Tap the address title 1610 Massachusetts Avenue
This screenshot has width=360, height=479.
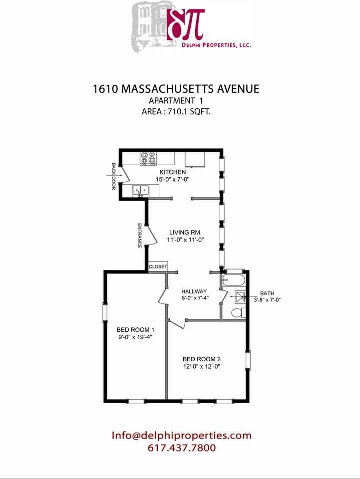(176, 89)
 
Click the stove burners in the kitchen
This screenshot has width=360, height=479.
(148, 159)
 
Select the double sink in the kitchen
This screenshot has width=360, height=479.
(141, 190)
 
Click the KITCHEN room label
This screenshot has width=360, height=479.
(172, 172)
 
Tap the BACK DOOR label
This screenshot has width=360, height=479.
(114, 177)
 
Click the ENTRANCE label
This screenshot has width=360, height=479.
(140, 236)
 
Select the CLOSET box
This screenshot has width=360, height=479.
(158, 266)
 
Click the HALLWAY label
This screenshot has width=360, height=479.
(194, 291)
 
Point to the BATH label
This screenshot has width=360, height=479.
(267, 293)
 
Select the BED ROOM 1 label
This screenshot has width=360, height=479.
(135, 330)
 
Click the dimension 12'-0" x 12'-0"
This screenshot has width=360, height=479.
(202, 367)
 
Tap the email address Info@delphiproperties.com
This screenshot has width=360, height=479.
(182, 435)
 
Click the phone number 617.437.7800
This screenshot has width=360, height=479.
(182, 448)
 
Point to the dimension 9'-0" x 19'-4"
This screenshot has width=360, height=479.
(135, 337)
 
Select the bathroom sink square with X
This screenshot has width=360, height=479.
(240, 296)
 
